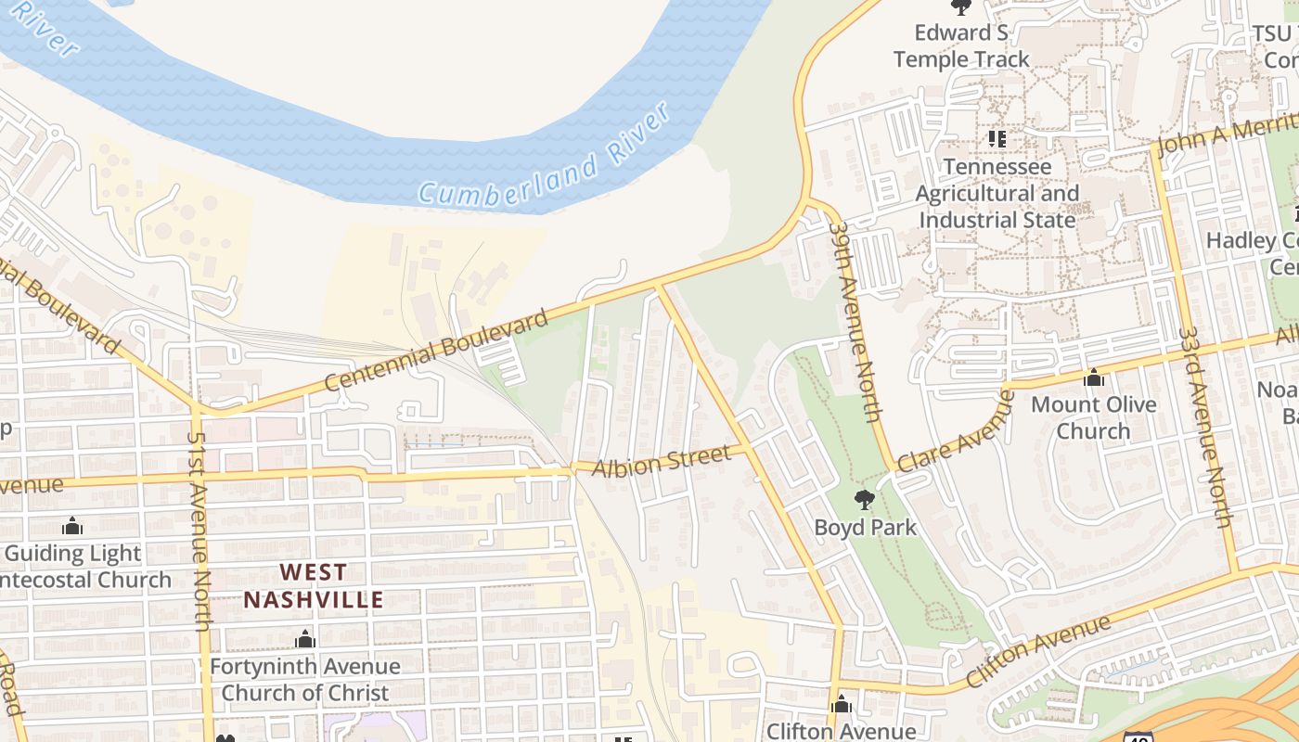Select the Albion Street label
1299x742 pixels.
(662, 459)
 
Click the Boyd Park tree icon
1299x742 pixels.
(864, 500)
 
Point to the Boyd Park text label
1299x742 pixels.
(865, 528)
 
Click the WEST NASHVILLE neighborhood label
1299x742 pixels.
(314, 586)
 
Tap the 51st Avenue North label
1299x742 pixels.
(199, 531)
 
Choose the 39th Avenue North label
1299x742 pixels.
(854, 320)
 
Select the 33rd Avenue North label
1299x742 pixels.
(1204, 427)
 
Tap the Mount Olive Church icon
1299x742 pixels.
(1094, 377)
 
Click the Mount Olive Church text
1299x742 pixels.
(1094, 417)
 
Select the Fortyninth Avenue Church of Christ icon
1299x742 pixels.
(304, 639)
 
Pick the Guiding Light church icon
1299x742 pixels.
(72, 527)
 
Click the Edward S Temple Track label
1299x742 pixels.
(961, 45)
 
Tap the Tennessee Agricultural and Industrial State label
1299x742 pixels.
(997, 193)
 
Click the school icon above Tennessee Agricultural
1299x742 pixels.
(997, 139)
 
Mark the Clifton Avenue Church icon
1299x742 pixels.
(842, 704)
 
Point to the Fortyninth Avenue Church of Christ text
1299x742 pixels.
(304, 679)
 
